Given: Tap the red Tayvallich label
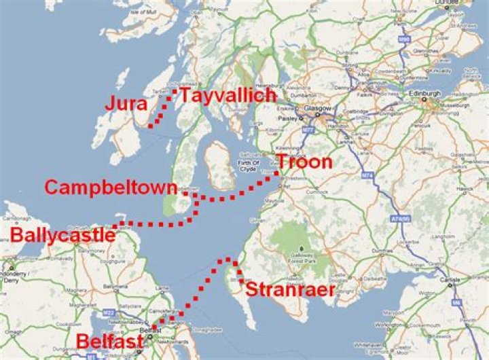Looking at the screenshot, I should [228, 96].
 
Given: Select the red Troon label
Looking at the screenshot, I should [304, 162].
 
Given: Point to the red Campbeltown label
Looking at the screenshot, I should [111, 187].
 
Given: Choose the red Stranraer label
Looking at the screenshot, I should [290, 290].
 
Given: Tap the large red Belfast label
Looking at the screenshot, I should [110, 340].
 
